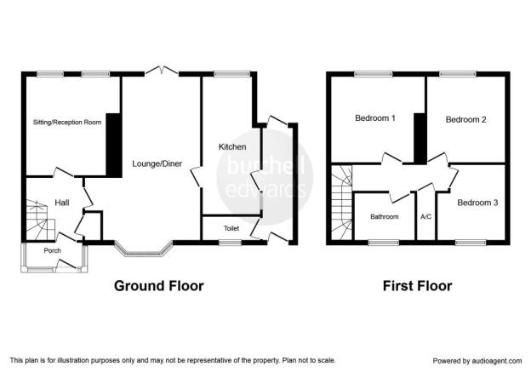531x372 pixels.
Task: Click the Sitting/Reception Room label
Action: [67, 122]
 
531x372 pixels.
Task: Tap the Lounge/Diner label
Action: [157, 163]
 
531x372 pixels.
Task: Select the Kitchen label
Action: [232, 146]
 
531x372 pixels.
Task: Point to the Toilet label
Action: [231, 228]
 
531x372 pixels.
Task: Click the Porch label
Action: [53, 250]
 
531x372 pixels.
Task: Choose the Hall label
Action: [62, 203]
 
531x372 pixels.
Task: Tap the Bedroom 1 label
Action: [375, 118]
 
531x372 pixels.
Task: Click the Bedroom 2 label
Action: [466, 119]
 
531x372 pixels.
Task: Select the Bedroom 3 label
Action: [477, 203]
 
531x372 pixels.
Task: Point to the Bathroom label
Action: [385, 216]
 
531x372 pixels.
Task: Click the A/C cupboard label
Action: [426, 216]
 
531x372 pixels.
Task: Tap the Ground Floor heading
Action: [159, 286]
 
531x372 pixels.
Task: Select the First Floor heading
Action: [417, 286]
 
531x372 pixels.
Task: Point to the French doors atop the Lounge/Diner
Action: [162, 70]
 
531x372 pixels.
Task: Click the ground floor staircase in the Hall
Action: [41, 220]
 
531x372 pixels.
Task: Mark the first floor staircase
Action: [342, 203]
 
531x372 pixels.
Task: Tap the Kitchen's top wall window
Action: [232, 73]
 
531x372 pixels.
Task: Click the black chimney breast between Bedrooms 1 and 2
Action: [420, 139]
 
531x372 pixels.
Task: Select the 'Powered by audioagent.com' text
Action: [477, 361]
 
